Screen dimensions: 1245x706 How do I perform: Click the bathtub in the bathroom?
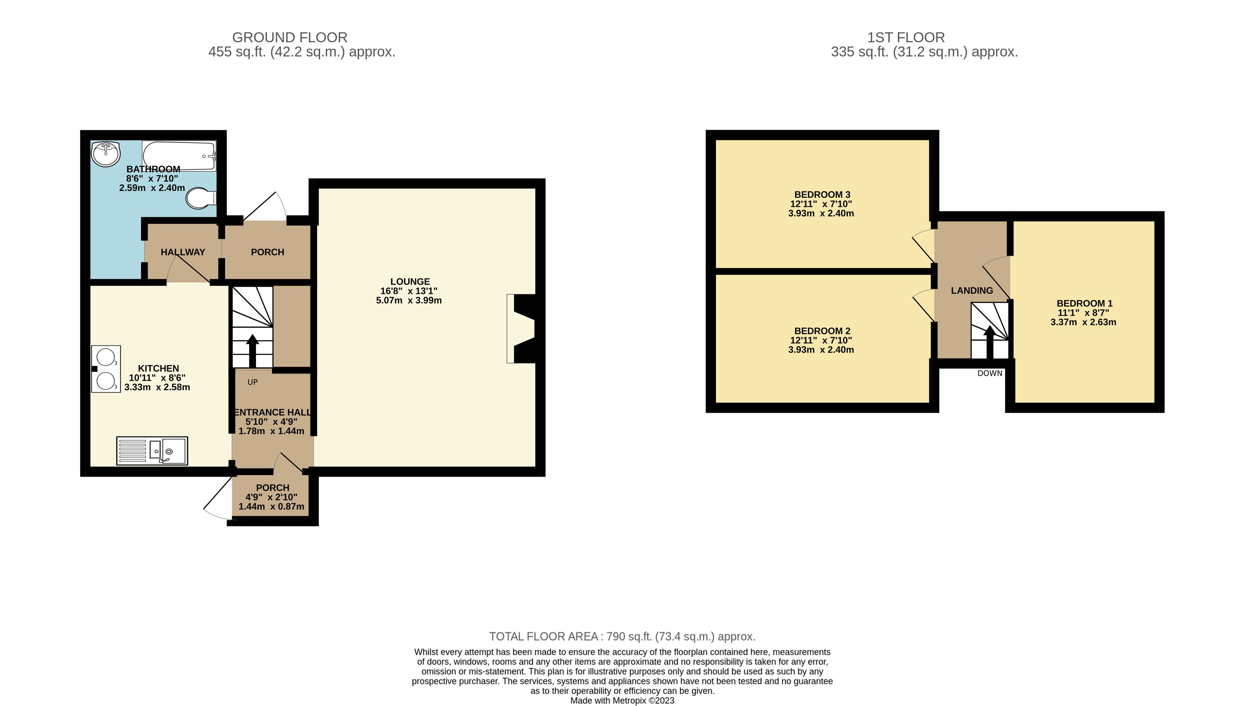(179, 156)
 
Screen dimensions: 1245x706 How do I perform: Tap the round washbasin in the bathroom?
(106, 154)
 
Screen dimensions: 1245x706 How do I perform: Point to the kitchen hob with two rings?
(106, 369)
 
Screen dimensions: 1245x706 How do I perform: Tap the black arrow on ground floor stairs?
(252, 351)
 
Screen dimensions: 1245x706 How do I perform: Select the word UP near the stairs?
(252, 382)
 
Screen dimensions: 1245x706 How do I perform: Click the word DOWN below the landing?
(990, 373)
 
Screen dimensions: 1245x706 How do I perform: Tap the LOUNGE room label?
(410, 282)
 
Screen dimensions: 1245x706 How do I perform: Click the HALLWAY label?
(183, 252)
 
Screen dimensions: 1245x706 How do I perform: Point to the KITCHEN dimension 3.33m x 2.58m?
(157, 387)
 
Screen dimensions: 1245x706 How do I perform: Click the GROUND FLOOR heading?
(290, 37)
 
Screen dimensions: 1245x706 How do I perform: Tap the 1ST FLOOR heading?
(906, 37)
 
